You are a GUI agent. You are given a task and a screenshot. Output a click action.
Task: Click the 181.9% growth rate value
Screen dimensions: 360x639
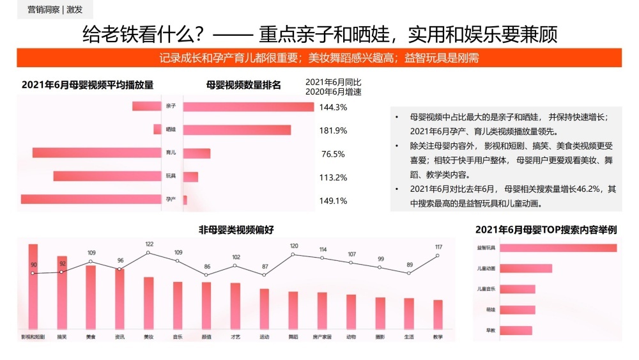(x=333, y=130)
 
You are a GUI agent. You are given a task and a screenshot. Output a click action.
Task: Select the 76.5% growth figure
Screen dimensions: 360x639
(x=333, y=154)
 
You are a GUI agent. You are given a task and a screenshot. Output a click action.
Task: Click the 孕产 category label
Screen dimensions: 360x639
(x=171, y=200)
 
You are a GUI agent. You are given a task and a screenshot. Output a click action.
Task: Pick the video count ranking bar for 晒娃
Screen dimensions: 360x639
(x=237, y=130)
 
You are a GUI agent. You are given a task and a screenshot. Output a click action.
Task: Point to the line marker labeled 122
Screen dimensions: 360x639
(x=148, y=253)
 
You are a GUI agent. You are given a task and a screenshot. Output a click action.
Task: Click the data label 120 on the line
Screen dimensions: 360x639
(x=294, y=246)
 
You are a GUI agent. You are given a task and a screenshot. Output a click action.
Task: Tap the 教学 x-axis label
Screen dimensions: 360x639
(x=438, y=336)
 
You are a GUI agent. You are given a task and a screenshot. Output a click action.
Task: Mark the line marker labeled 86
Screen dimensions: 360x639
(x=206, y=275)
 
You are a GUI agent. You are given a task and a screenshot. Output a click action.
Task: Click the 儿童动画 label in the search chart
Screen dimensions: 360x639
(x=487, y=269)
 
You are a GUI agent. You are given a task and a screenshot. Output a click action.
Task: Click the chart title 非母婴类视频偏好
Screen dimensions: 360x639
(x=236, y=230)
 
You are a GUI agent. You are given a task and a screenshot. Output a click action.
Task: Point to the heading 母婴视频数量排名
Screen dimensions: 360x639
(x=244, y=84)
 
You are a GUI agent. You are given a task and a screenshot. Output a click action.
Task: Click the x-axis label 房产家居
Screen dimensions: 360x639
(x=322, y=336)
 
